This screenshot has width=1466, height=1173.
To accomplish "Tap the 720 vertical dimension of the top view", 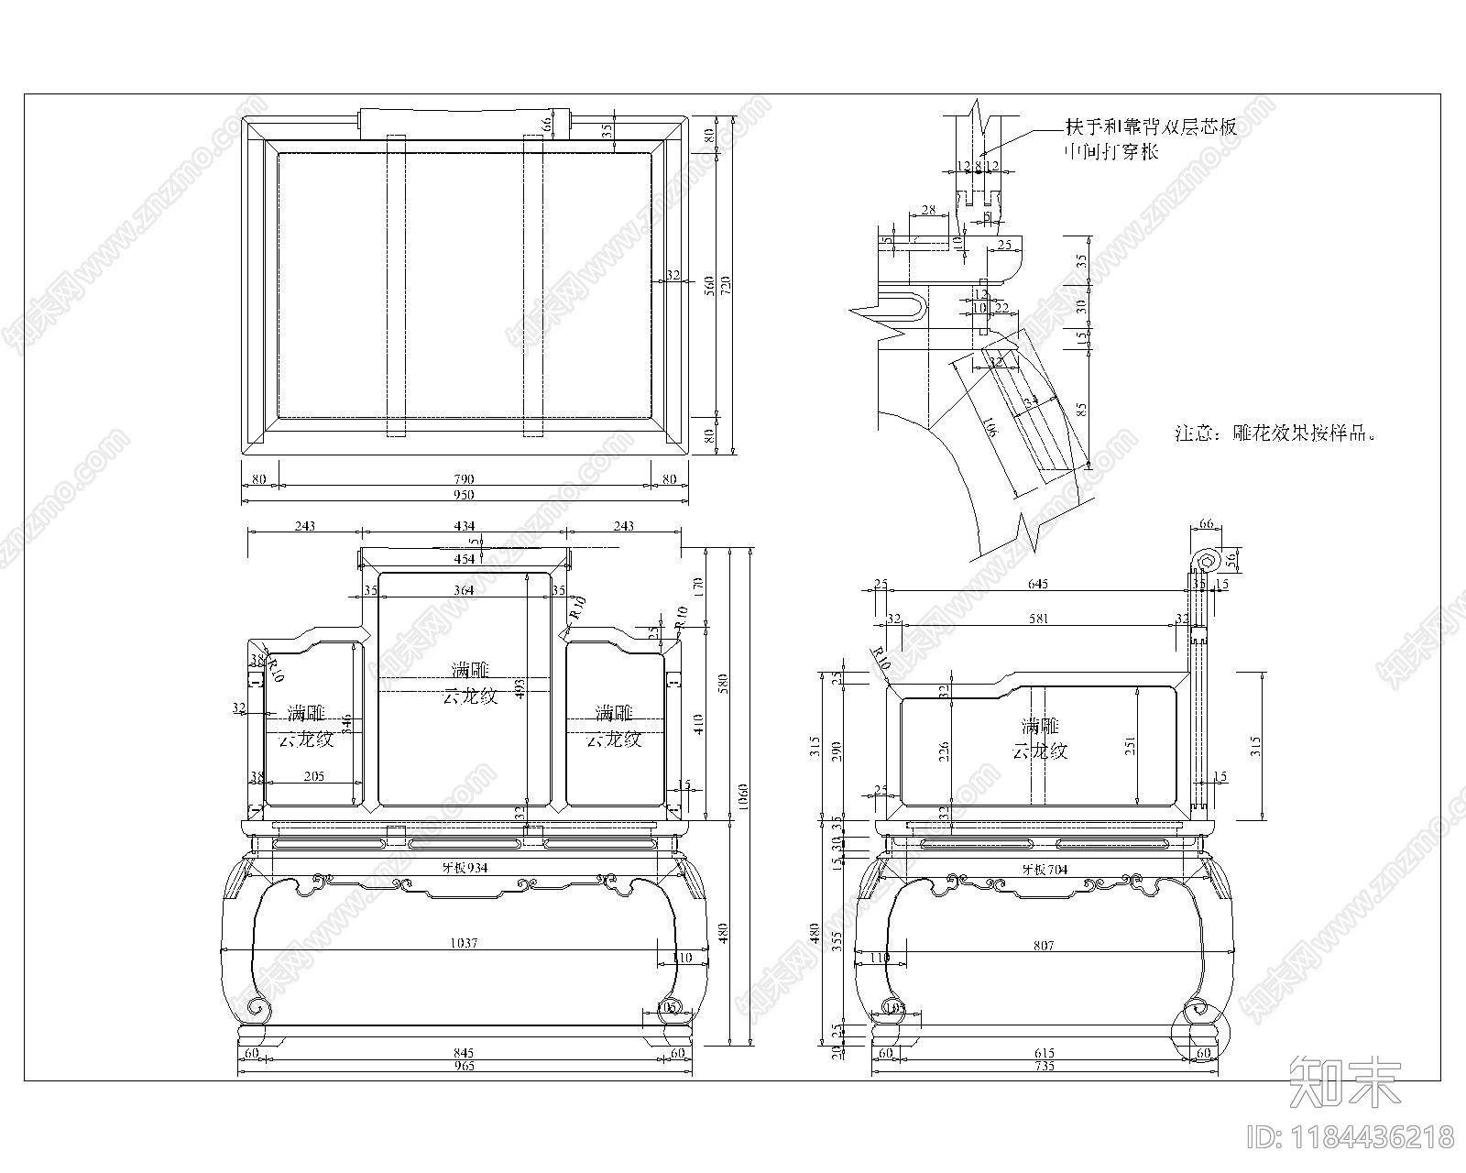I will click(x=727, y=284).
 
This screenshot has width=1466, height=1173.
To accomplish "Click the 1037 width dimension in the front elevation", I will click(x=465, y=943).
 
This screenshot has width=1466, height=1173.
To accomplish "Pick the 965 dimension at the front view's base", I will click(x=465, y=1067).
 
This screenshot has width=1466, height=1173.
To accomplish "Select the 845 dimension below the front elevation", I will click(x=465, y=1053).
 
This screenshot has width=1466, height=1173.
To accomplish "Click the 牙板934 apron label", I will click(x=465, y=867).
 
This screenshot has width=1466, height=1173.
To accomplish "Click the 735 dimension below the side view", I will click(x=1044, y=1066).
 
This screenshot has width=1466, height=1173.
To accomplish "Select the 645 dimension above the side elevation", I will click(x=1037, y=584).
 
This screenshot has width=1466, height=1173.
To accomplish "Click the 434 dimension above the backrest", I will click(x=465, y=526).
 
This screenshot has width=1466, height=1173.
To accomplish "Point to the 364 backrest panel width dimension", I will click(x=465, y=590).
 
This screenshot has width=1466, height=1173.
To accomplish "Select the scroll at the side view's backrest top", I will click(x=1204, y=561).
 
